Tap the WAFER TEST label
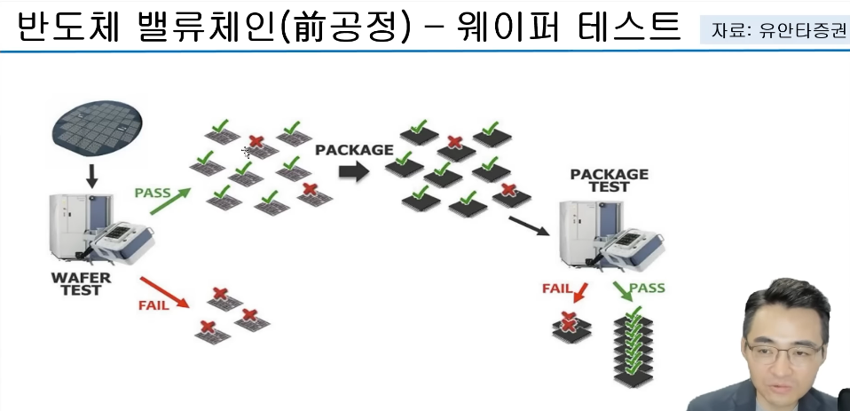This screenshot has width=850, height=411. pos(81,284)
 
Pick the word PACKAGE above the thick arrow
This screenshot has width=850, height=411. pos(354,150)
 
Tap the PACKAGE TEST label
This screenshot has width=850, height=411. pos(609,180)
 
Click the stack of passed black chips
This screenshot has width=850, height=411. pos(634,350)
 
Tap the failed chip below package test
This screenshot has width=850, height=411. pos(566,327)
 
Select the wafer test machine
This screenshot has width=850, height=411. pos(98,231)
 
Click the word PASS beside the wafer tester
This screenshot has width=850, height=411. pos(153,192)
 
